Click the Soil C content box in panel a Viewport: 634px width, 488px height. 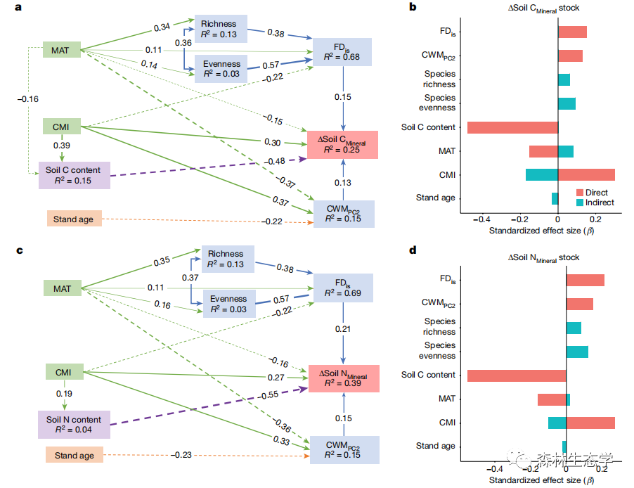point(74,175)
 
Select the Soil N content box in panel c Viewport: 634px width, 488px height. point(73,425)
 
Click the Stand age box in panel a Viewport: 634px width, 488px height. point(74,219)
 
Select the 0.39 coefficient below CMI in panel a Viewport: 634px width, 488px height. point(61,145)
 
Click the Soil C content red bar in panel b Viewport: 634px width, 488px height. point(512,127)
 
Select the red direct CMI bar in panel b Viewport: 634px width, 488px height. point(586,174)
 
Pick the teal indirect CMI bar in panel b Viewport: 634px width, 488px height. point(542,174)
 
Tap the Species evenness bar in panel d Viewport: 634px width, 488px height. point(577,351)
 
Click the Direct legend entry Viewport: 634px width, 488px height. point(592,193)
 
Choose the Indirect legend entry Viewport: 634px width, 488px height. point(594,203)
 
